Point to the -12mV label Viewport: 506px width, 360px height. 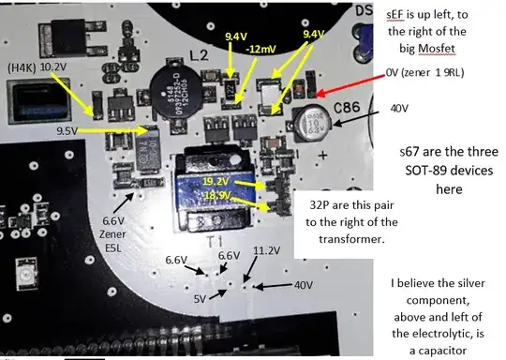[x=260, y=49]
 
